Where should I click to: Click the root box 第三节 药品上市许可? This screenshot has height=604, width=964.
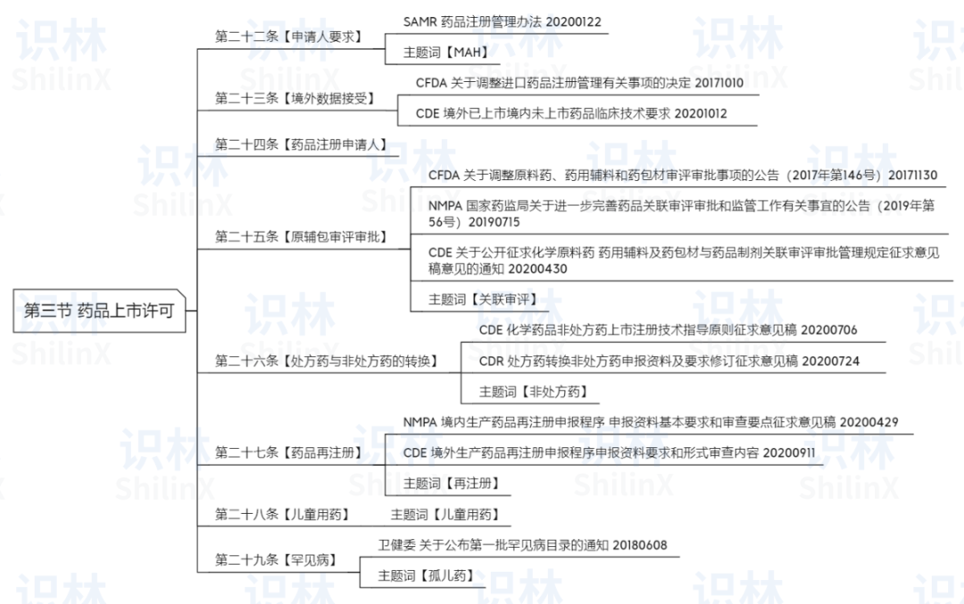[x=99, y=310]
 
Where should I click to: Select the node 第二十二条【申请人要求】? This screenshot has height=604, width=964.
[x=288, y=37]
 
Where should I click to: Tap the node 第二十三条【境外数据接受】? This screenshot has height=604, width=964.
[x=295, y=98]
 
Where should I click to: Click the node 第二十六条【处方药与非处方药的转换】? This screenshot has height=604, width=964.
[x=327, y=360]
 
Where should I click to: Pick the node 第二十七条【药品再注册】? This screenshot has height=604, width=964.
[x=288, y=453]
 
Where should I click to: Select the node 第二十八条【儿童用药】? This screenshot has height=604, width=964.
[x=282, y=514]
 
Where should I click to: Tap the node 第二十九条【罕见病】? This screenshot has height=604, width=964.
[x=276, y=559]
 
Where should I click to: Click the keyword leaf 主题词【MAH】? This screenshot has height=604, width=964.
[x=445, y=53]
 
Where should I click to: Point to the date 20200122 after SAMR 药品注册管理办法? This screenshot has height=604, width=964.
[x=574, y=22]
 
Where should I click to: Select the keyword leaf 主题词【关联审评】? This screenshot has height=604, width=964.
[x=483, y=299]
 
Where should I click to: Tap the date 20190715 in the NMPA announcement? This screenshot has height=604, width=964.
[x=494, y=222]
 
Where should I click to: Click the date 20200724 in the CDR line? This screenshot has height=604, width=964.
[x=831, y=360]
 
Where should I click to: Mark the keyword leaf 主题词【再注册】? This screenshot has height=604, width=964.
[x=452, y=484]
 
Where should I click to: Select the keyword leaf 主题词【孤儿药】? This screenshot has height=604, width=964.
[x=427, y=575]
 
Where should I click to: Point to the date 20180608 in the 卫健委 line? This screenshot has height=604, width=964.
[x=640, y=545]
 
